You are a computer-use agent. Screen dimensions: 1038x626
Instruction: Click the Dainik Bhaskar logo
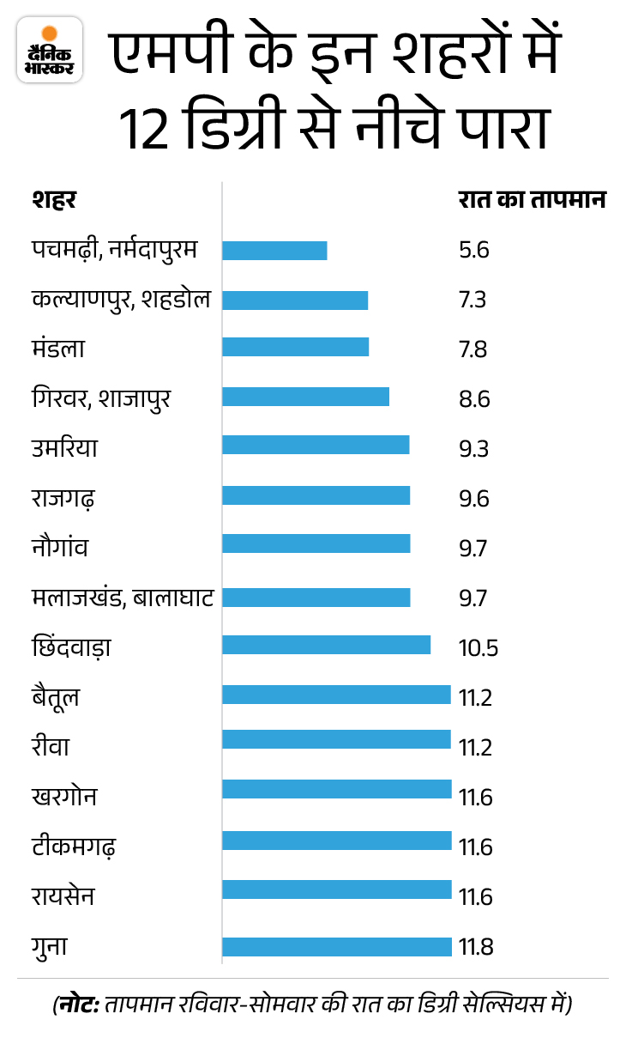50,50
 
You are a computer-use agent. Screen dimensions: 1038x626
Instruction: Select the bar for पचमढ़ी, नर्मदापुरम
274,251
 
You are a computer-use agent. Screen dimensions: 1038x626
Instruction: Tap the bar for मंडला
295,347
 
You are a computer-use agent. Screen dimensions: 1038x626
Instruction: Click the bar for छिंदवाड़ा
326,644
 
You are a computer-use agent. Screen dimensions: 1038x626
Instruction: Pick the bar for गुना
336,947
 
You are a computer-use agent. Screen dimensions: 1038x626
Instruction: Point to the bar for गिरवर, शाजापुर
305,397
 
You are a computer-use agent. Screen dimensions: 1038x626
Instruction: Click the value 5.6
473,251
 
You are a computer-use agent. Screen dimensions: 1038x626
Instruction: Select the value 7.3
473,300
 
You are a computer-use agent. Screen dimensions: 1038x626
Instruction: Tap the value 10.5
478,646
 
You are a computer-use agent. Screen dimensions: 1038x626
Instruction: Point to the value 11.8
476,947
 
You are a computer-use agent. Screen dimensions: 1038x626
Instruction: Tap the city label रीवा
50,745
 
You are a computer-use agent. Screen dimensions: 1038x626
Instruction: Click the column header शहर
53,200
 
